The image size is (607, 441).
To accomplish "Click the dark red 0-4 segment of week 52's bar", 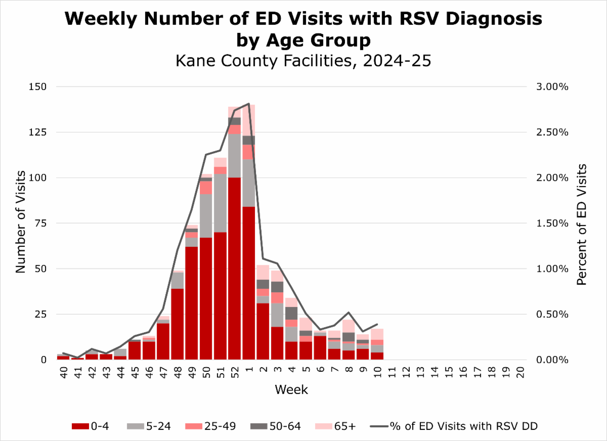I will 234,268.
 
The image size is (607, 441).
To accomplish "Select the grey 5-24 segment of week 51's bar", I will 220,203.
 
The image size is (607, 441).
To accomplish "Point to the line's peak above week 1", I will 248,104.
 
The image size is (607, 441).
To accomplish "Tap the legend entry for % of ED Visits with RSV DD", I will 455,426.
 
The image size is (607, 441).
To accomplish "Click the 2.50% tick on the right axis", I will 552,133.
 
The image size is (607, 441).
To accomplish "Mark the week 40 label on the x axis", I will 63,372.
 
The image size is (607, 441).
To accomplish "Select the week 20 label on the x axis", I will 520,372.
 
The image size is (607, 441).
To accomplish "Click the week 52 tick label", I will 234,372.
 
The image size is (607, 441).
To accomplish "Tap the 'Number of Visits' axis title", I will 20,223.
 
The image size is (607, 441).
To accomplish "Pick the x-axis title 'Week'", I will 291,390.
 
